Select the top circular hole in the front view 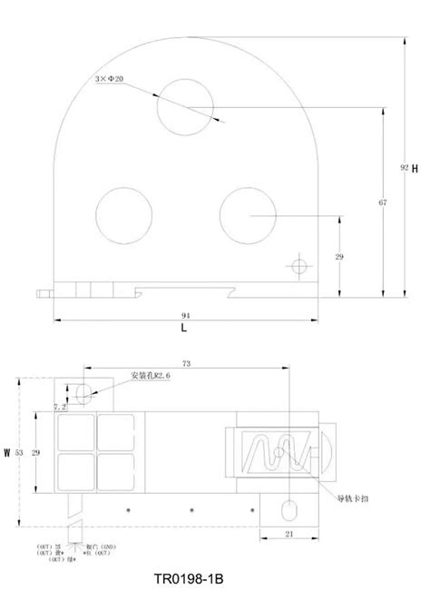[184, 107]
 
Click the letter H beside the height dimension [414, 169]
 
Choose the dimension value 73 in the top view [186, 362]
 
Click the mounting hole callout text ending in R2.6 [152, 375]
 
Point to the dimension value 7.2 [60, 406]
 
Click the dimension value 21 [288, 535]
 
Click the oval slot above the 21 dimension [289, 507]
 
